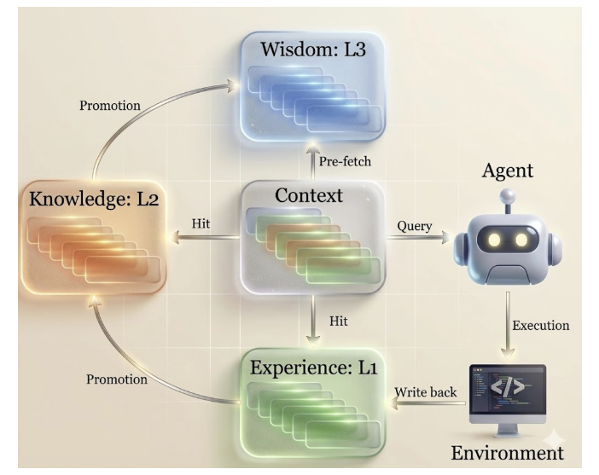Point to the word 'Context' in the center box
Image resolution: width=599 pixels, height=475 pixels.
(x=309, y=196)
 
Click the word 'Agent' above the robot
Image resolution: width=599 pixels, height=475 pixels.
(x=507, y=171)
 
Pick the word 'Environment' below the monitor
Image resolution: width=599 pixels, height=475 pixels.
(x=507, y=452)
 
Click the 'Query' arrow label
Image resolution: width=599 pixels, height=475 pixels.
(x=415, y=226)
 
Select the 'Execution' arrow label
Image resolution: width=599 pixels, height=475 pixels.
(x=541, y=325)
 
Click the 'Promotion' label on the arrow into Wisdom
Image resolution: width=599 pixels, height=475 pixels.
(x=111, y=106)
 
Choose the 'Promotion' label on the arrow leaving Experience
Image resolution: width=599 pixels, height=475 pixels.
(x=118, y=379)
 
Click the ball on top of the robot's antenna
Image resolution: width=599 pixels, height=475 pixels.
(x=508, y=195)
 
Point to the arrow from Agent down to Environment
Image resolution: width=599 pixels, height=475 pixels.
(x=508, y=324)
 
